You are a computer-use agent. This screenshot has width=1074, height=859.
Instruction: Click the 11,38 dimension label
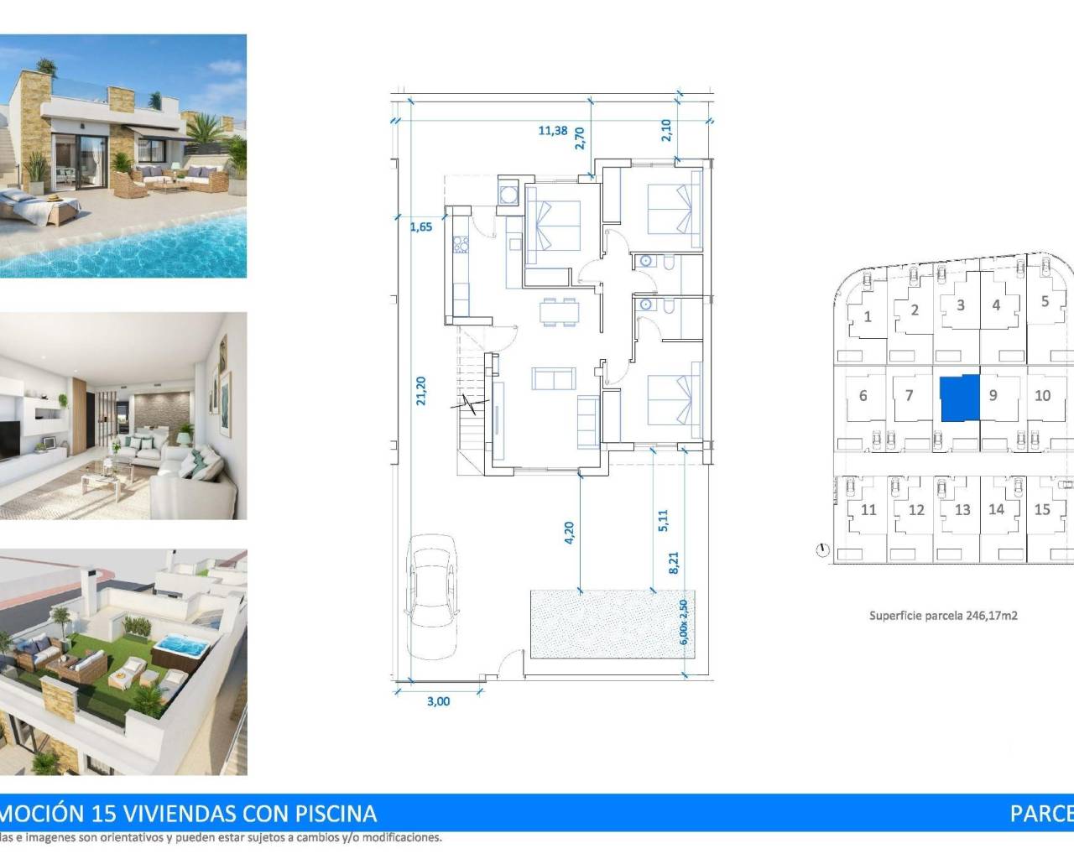pos(552,130)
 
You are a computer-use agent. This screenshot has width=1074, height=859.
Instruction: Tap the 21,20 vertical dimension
pos(421,391)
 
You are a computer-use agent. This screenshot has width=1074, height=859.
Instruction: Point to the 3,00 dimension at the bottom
pos(438,701)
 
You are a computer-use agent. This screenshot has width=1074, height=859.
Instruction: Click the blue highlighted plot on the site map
pos(959,398)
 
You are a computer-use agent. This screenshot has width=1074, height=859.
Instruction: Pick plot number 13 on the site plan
pos(962,509)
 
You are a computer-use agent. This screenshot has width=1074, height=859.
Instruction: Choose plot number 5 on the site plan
pos(1045,301)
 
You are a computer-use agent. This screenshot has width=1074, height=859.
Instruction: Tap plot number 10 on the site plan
pos(1042,395)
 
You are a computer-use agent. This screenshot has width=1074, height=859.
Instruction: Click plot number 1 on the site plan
pos(868,317)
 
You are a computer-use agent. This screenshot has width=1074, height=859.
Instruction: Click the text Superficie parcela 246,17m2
pos(943,615)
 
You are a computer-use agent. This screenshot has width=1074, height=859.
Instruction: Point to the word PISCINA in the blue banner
pos(336,813)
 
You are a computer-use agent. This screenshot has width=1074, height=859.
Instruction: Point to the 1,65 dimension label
pos(421,226)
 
